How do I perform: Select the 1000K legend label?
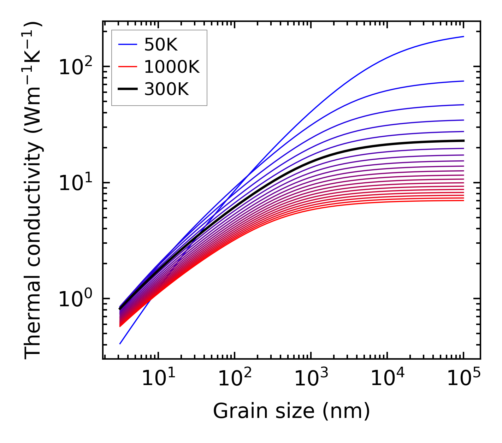172,67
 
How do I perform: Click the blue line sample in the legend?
128,45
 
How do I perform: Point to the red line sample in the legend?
128,67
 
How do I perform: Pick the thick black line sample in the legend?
128,89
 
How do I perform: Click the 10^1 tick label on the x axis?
158,379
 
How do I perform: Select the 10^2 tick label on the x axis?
234,379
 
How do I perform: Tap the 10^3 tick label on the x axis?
310,379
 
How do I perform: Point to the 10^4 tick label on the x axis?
386,379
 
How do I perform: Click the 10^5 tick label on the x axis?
463,379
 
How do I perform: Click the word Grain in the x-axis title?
234,411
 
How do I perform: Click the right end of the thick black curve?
463,141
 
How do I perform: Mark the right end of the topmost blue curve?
463,36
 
